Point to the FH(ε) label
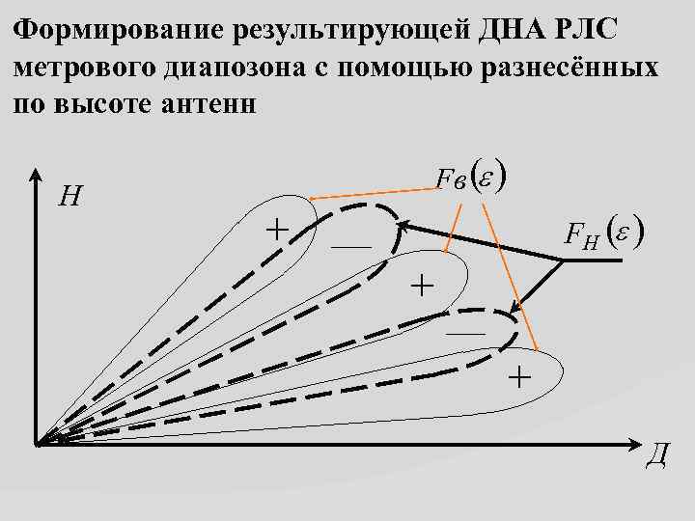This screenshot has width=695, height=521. [x=605, y=233]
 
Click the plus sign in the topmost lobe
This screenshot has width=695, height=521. [x=277, y=229]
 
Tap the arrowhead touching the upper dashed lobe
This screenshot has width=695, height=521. [x=406, y=227]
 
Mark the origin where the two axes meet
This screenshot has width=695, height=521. [x=38, y=445]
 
